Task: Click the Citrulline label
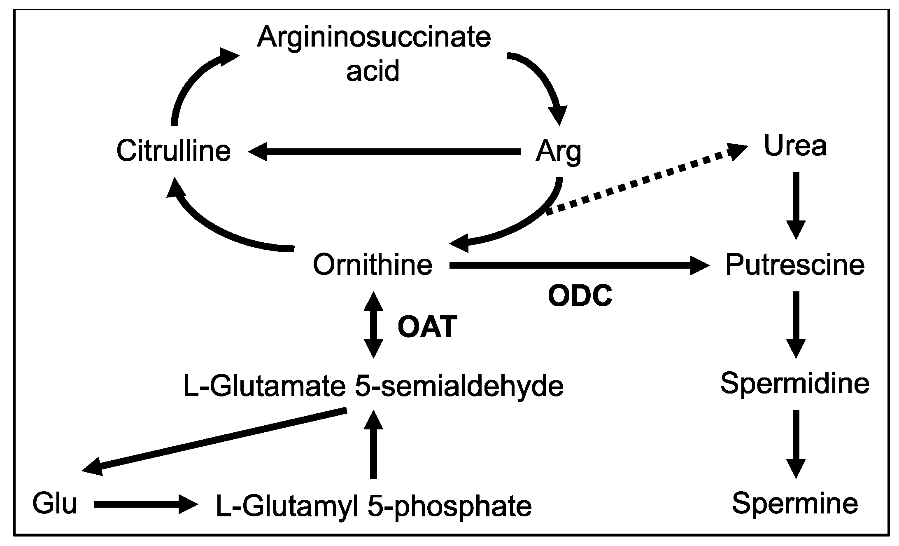point(173,151)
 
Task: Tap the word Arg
point(558,152)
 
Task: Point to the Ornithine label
point(373,265)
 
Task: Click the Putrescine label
point(794,265)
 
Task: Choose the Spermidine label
point(794,383)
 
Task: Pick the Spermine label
point(794,504)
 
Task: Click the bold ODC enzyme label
point(580,296)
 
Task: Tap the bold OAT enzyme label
point(427,327)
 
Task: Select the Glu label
point(54,504)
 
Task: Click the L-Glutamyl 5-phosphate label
point(373,506)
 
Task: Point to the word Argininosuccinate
point(373,37)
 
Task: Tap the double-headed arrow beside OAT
point(373,325)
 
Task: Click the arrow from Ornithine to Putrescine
point(576,265)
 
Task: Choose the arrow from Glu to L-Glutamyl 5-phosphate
point(144,504)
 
